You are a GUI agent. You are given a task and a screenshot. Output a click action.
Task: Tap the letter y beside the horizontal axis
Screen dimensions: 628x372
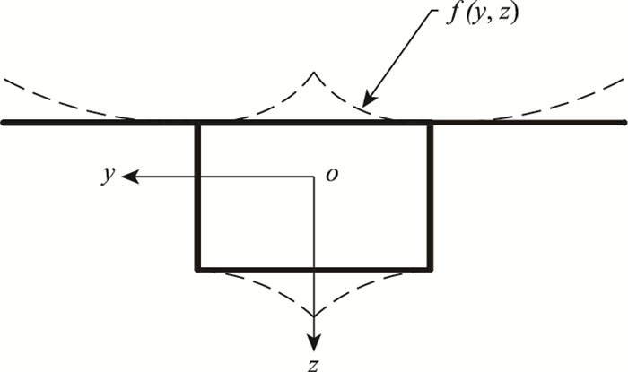coord(108,176)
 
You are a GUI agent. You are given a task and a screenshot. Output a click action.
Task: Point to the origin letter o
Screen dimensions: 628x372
coord(332,176)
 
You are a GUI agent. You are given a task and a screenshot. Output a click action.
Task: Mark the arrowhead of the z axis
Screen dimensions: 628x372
coord(313,345)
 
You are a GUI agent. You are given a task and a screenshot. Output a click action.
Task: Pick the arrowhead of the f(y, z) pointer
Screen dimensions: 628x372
coord(365,104)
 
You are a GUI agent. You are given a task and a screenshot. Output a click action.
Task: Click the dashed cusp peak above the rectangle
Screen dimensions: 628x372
coord(312,72)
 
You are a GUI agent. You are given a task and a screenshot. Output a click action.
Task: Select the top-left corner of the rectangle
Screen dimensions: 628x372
coord(197,123)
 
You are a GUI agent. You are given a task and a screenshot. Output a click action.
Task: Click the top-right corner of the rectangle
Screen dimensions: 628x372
coord(432,123)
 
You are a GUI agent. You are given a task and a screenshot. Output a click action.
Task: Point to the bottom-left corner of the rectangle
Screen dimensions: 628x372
coord(197,268)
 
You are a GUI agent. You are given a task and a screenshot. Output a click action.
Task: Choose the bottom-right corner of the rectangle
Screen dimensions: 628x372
coord(432,268)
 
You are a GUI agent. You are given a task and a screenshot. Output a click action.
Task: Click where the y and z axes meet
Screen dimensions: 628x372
coord(313,177)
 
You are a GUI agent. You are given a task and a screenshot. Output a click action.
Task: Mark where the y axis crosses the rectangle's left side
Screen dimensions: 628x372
coord(197,177)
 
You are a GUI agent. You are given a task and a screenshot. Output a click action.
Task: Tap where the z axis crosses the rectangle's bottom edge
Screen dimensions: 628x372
coord(313,268)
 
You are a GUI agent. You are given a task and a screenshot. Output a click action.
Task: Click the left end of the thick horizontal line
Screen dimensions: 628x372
coord(4,123)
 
